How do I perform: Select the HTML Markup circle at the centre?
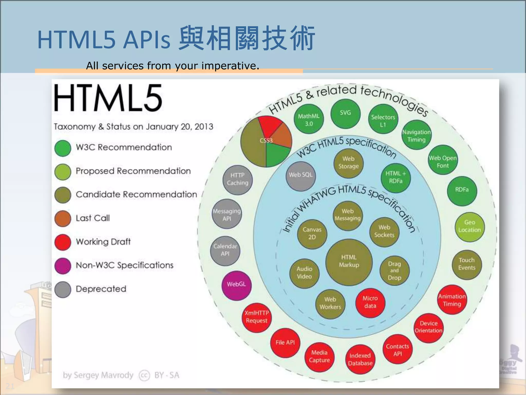pos(349,262)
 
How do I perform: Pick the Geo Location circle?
pos(469,227)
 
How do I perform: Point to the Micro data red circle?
pos(370,303)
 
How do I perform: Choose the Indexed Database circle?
pos(360,359)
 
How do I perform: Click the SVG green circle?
pos(345,113)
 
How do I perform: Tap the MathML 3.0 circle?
pos(308,120)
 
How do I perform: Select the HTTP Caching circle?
pos(238,179)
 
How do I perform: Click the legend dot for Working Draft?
pos(63,242)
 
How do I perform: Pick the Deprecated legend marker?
pos(63,290)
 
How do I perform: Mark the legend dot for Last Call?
pos(63,218)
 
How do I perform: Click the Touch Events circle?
pos(466,264)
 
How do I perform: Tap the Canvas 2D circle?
pos(312,234)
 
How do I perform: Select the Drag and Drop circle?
pos(394,271)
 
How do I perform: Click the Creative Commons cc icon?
pos(144,375)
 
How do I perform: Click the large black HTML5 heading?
pos(108,98)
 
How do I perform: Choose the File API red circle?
pos(285,343)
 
